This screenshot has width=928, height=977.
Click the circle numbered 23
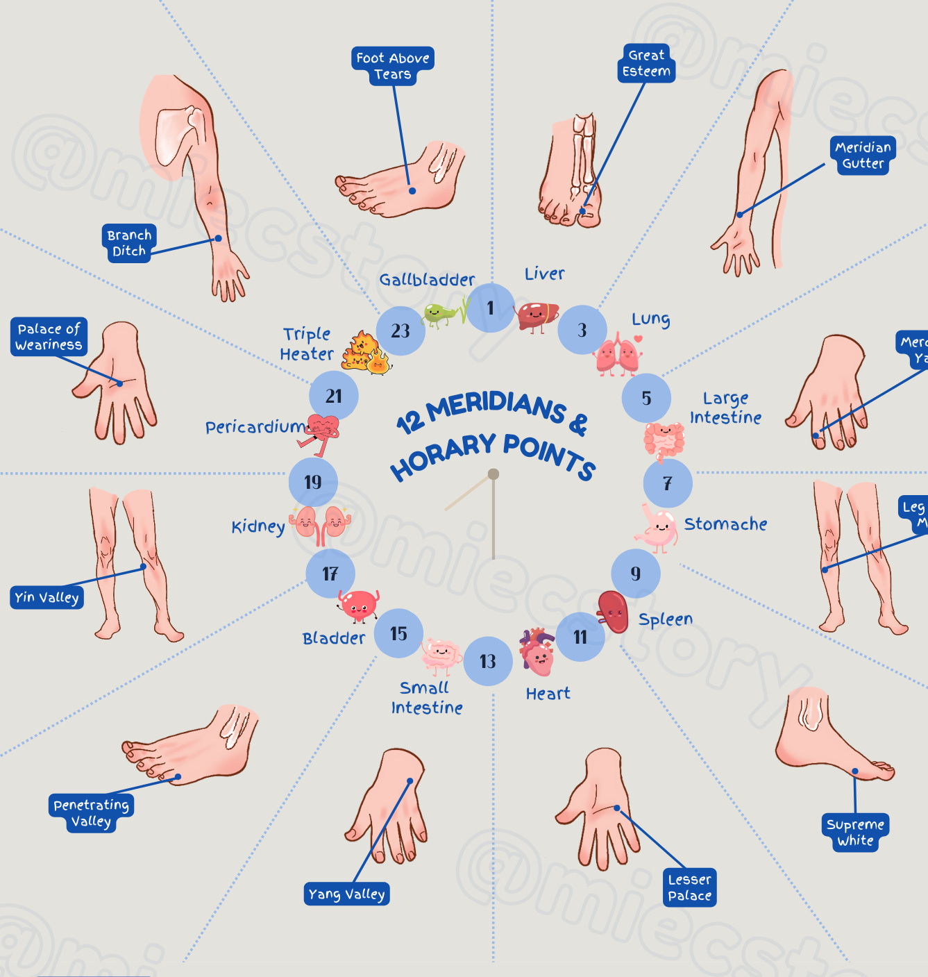(x=400, y=331)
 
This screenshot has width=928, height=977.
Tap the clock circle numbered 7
(x=667, y=483)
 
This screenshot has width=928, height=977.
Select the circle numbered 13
(x=488, y=661)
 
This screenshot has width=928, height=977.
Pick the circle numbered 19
(x=313, y=482)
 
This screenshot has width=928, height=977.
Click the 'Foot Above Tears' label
(x=393, y=66)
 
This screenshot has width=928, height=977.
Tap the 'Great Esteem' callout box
(x=646, y=63)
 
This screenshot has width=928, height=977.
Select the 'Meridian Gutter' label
(x=863, y=155)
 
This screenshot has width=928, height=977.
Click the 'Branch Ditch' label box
(x=129, y=243)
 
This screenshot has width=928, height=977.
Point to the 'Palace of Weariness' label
(x=49, y=337)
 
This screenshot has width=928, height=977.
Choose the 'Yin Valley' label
(x=47, y=597)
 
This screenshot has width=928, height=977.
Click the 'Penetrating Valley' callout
(x=91, y=813)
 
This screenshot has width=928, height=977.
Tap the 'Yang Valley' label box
(x=346, y=894)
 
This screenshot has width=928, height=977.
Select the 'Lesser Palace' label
(x=689, y=887)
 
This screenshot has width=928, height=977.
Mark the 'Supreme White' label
(x=855, y=833)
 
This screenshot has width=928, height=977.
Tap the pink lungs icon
(x=617, y=353)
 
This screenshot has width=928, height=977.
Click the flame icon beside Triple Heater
(x=365, y=353)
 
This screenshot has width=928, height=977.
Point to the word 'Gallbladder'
(x=427, y=280)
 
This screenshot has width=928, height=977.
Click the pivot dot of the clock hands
(x=493, y=474)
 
